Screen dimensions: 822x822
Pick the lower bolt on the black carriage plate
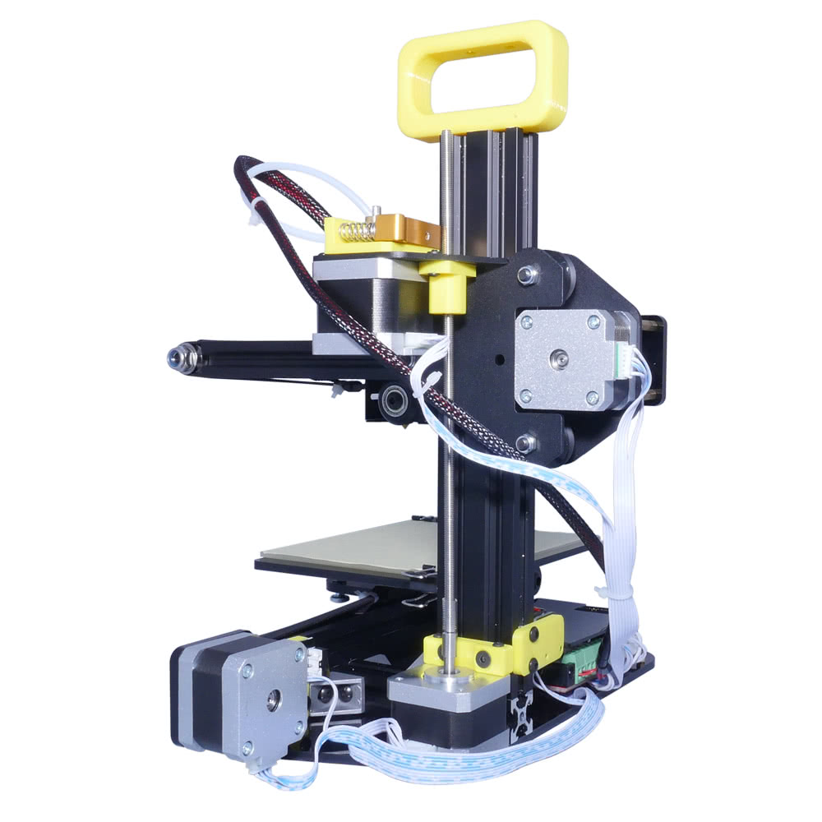point(527,443)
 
